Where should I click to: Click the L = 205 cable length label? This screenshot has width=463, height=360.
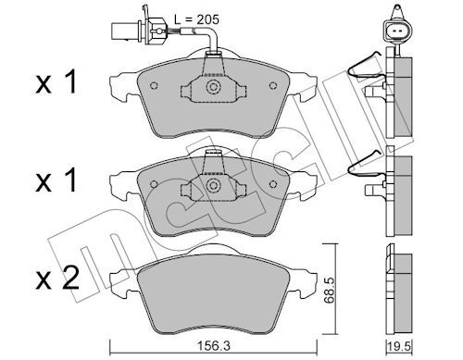196,19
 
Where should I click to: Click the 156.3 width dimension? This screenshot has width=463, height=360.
214,346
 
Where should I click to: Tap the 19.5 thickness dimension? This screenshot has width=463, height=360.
401,347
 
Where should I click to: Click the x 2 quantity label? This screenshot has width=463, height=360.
57,279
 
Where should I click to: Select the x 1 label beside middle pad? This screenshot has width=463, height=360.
56,181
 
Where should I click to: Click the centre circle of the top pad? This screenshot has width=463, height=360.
213,86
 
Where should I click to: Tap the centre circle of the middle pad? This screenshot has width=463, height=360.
213,185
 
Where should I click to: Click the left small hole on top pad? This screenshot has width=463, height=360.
154,85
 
